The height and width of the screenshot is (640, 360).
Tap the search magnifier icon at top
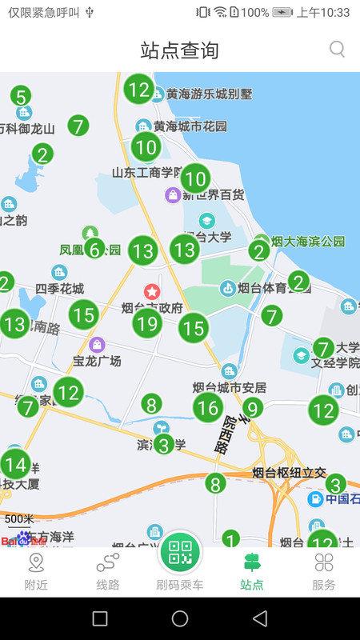tap(338, 50)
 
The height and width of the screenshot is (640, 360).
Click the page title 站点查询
tap(179, 50)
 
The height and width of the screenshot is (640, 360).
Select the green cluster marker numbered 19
tap(146, 323)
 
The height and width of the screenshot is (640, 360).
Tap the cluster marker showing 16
tap(208, 408)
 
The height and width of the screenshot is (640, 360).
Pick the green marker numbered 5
tap(21, 96)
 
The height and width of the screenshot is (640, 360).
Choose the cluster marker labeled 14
tap(15, 464)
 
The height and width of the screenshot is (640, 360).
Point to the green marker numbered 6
tap(94, 250)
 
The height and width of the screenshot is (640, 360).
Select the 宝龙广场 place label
tap(97, 361)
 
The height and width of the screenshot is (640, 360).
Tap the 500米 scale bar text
tap(20, 519)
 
